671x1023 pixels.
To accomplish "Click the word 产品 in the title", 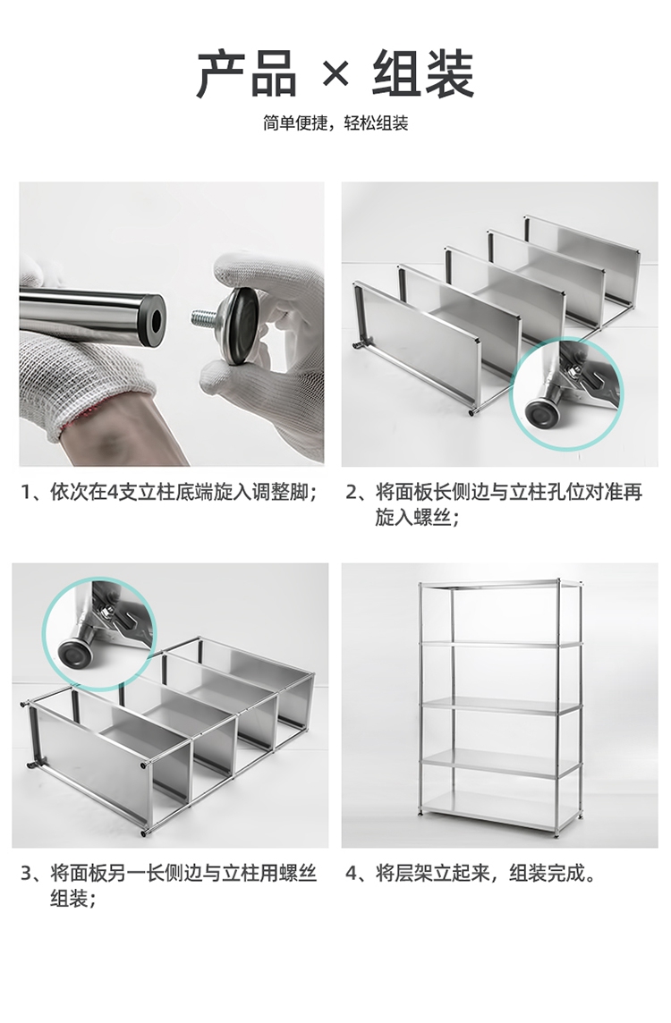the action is coord(248,74).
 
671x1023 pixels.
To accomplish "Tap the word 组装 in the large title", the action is coord(422,74).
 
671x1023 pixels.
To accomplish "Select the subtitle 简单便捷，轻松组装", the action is coord(335,123).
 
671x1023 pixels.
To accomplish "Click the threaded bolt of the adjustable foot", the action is coord(206,319).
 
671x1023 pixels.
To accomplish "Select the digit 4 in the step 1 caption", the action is coord(112,492).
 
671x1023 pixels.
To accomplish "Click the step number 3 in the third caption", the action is coord(26,874).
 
